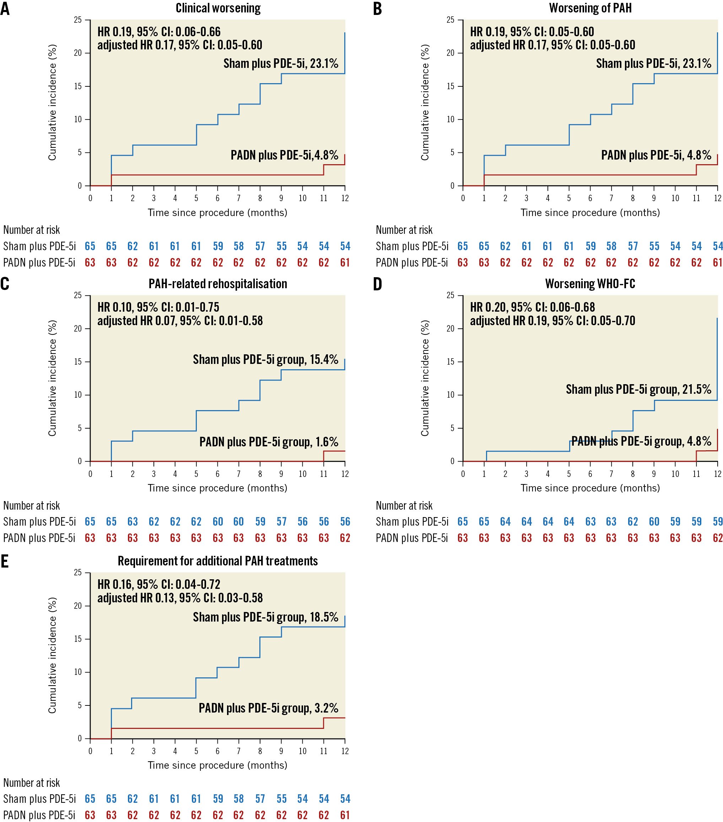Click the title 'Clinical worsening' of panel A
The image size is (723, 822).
pos(218,8)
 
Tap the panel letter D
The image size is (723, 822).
pos(377,284)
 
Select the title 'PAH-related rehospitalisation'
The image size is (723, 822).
pos(217,284)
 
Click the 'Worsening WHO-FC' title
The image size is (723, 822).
pos(590,284)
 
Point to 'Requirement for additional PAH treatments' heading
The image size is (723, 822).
pos(217,561)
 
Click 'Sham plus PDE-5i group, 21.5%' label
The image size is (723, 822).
pos(638,389)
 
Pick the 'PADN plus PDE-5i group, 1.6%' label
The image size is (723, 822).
pos(269,442)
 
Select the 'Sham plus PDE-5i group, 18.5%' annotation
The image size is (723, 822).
pos(265,617)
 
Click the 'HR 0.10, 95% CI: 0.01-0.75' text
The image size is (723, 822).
pos(158,307)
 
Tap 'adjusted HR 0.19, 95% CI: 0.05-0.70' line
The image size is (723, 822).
pos(552,321)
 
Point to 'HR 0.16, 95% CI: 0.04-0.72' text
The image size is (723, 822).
pos(158,584)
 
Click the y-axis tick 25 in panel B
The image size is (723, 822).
pos(450,20)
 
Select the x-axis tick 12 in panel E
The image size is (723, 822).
pos(345,751)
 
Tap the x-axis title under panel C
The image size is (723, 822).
pos(217,488)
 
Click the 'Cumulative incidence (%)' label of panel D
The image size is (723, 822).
pos(425,378)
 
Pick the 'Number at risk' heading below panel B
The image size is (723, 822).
pos(404,230)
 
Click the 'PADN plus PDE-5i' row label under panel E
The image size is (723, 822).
pos(39,815)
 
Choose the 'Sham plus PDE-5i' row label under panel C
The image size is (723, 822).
pos(39,522)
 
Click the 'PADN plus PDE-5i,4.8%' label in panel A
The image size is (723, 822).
pos(284,155)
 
